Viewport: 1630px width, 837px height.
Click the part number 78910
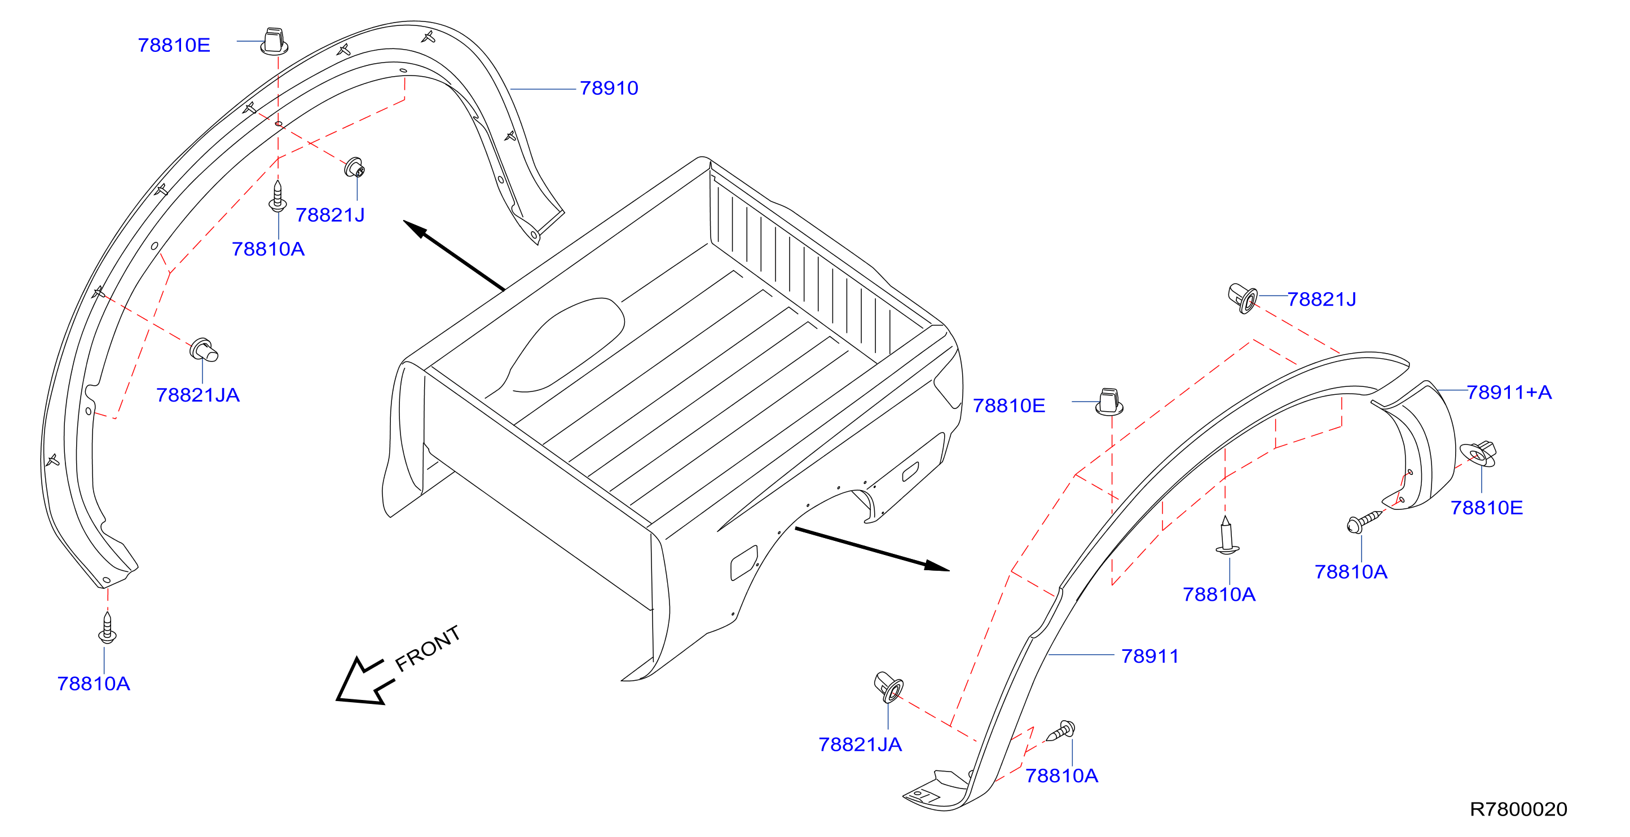609,88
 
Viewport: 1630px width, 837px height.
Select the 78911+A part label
1509,392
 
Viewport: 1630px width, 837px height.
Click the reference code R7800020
1518,809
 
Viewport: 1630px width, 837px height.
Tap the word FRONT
427,648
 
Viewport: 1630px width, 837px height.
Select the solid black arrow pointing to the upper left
453,255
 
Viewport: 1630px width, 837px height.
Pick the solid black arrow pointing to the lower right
872,549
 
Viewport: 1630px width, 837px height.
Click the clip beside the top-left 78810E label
274,41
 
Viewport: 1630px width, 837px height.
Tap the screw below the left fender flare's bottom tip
107,628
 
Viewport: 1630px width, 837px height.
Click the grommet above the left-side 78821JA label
204,349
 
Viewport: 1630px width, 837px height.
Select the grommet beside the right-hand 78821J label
1243,298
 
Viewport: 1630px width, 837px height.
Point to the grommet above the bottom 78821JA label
888,687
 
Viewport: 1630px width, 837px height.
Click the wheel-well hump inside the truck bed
563,345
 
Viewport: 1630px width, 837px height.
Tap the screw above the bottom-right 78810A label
1060,731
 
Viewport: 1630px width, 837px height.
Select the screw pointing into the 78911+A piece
1364,522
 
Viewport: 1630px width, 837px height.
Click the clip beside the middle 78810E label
1109,402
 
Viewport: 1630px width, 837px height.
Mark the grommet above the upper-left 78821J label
354,167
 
